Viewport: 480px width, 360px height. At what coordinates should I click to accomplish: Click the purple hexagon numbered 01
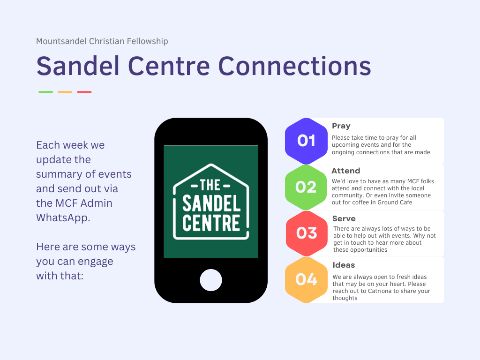tap(306, 141)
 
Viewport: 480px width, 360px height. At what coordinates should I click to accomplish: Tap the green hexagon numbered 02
tap(306, 187)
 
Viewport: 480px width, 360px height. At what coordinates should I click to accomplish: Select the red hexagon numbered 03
tap(307, 233)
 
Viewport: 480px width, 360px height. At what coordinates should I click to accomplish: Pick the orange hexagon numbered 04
tap(306, 279)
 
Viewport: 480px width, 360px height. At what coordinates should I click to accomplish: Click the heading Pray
tap(341, 126)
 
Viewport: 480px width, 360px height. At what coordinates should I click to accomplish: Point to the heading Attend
tap(345, 171)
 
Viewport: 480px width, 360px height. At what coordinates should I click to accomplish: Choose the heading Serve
tap(344, 218)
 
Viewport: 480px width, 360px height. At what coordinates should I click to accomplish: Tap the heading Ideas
tap(344, 265)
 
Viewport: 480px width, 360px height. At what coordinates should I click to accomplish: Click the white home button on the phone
tap(211, 280)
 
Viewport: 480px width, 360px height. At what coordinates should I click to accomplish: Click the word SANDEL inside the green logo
tap(211, 203)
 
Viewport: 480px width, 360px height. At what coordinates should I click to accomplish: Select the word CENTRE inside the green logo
tap(211, 223)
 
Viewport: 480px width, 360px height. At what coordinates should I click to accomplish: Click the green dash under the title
tap(45, 92)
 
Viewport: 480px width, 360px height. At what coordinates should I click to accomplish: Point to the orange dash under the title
tap(65, 92)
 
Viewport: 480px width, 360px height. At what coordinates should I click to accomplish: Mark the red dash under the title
tap(84, 92)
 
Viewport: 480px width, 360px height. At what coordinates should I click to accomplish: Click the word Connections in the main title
tap(295, 66)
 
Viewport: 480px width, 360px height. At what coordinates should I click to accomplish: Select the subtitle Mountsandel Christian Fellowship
tap(102, 41)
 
